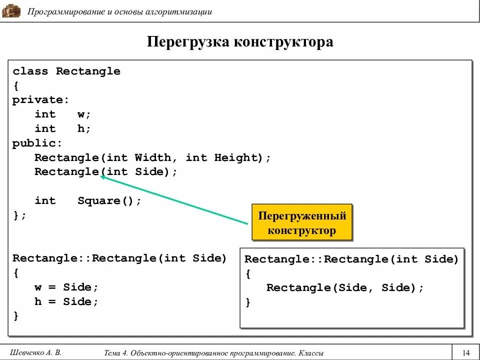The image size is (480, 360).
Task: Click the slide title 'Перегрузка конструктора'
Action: pyautogui.click(x=240, y=42)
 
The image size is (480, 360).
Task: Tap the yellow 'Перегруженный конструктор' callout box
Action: pyautogui.click(x=301, y=223)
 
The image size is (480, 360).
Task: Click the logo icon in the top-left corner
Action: pyautogui.click(x=11, y=10)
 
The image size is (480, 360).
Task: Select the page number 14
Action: pyautogui.click(x=466, y=351)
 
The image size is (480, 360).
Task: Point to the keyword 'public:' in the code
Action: pyautogui.click(x=37, y=143)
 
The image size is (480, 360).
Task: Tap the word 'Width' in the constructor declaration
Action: pyautogui.click(x=153, y=158)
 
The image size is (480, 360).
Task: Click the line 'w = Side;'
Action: pyautogui.click(x=66, y=287)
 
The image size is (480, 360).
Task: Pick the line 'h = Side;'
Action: pyautogui.click(x=66, y=302)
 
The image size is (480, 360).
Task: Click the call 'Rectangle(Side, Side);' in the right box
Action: pyautogui.click(x=345, y=288)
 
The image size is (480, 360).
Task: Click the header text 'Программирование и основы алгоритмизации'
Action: pyautogui.click(x=120, y=11)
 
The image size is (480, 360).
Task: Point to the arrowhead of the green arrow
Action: pyautogui.click(x=102, y=175)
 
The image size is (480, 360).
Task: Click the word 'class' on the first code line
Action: pyautogui.click(x=30, y=71)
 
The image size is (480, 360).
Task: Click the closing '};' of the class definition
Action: pyautogui.click(x=19, y=215)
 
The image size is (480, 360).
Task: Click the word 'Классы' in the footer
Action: pyautogui.click(x=311, y=352)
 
